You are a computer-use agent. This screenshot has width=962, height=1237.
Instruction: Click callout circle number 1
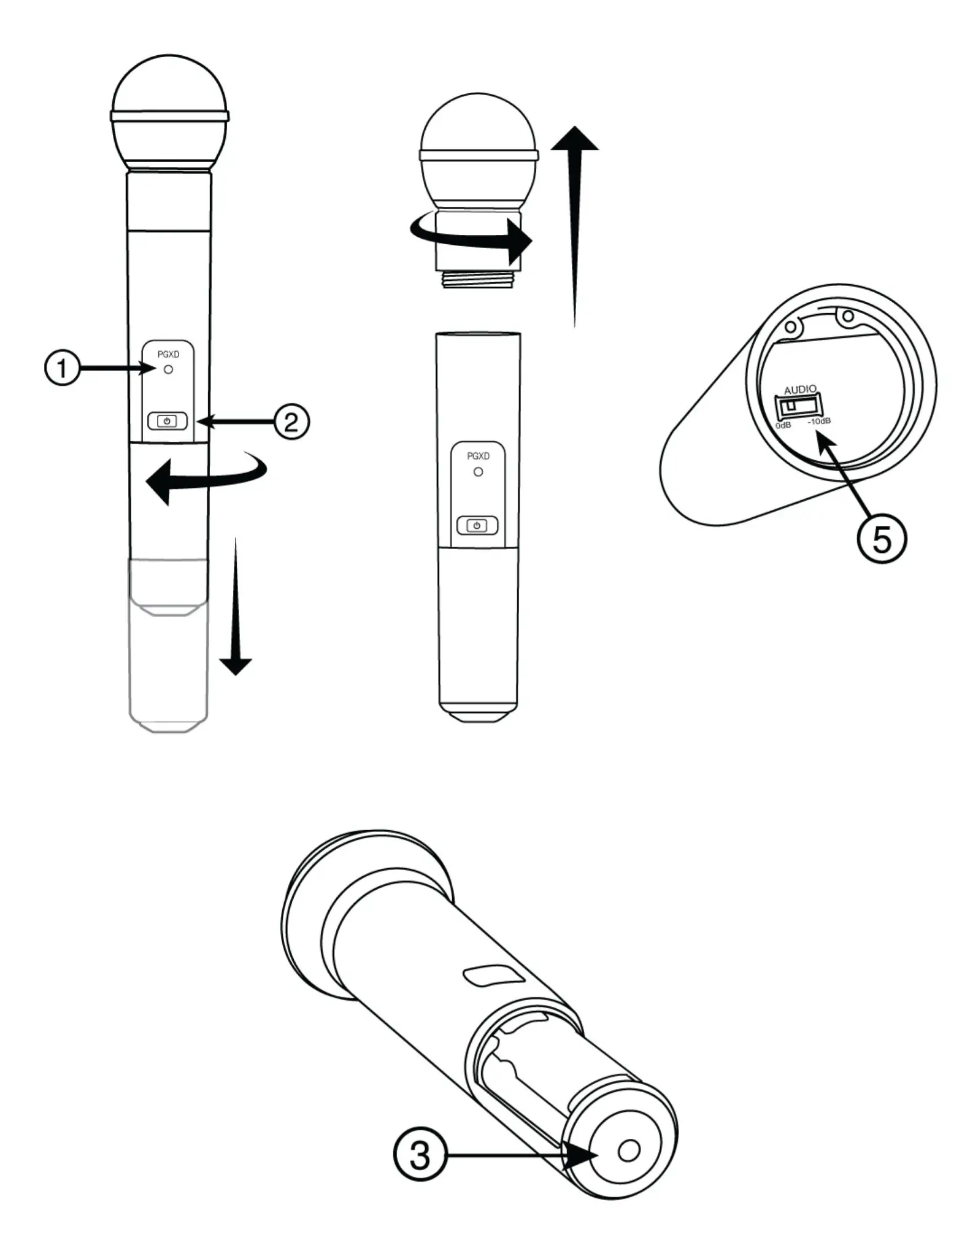tap(62, 368)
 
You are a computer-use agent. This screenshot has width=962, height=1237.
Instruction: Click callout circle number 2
tap(291, 422)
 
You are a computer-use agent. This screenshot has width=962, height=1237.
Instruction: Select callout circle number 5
tap(881, 540)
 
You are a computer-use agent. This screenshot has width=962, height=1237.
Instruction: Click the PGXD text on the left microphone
tap(168, 355)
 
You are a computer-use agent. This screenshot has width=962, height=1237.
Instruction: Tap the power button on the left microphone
tap(167, 422)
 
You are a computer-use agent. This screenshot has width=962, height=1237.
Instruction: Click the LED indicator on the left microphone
tap(168, 370)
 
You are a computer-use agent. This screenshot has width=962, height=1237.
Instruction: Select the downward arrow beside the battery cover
tap(236, 614)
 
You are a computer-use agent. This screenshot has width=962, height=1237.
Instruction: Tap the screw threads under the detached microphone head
tap(478, 279)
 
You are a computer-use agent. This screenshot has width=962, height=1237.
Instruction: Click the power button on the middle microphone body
tap(477, 525)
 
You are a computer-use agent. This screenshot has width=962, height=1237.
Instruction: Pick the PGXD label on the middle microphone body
tap(478, 456)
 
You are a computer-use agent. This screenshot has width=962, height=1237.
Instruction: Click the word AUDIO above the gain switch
tap(800, 389)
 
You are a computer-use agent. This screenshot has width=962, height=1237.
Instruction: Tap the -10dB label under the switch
tap(819, 422)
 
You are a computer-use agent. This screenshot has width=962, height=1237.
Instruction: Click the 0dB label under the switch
tap(783, 425)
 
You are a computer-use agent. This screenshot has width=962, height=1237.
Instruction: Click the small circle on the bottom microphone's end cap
tap(628, 1150)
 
